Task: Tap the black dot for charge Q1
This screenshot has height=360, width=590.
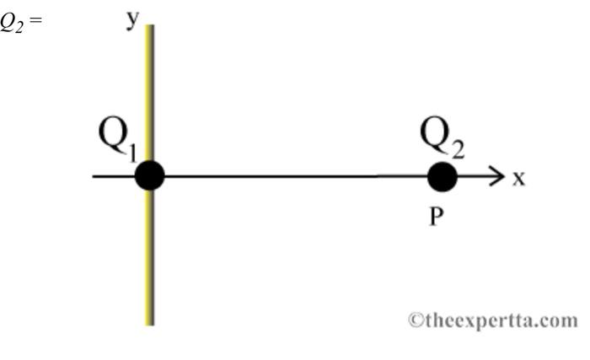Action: click(149, 176)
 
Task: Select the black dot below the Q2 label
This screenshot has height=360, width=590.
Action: click(442, 177)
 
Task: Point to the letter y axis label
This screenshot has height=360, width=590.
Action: click(132, 19)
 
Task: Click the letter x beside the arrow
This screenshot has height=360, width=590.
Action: click(519, 178)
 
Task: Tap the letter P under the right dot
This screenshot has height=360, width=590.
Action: click(437, 217)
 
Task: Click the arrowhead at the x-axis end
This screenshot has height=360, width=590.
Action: click(496, 177)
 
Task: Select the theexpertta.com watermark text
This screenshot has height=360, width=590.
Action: click(494, 320)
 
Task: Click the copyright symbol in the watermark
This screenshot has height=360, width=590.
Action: click(415, 320)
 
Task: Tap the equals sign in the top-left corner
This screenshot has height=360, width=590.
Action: click(35, 19)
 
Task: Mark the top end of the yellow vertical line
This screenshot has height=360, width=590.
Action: click(150, 27)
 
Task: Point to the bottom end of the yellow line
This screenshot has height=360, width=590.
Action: click(150, 322)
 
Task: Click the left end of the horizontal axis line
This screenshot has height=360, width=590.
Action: click(94, 176)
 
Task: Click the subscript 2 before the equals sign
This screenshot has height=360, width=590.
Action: click(22, 23)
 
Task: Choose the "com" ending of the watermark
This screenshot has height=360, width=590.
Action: click(562, 321)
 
